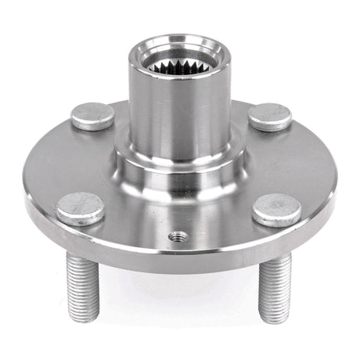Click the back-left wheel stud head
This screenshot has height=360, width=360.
pyautogui.click(x=92, y=116)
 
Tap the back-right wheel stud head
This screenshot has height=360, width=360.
pyautogui.click(x=271, y=116)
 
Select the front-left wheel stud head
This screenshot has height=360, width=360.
pyautogui.click(x=81, y=209)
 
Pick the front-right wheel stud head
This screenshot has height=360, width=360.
pyautogui.click(x=276, y=210)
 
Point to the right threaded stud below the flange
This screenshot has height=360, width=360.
pyautogui.click(x=275, y=286)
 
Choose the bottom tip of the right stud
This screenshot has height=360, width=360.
pyautogui.click(x=275, y=319)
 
